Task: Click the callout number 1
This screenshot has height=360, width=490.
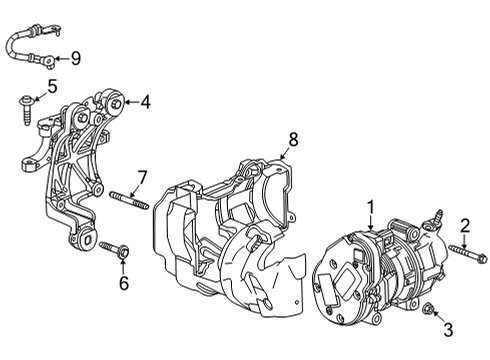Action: click(x=370, y=206)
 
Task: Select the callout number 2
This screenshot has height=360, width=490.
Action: click(x=464, y=224)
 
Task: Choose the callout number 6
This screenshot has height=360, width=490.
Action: click(x=124, y=283)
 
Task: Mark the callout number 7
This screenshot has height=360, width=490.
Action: click(x=142, y=177)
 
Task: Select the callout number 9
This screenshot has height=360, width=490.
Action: click(x=76, y=59)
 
